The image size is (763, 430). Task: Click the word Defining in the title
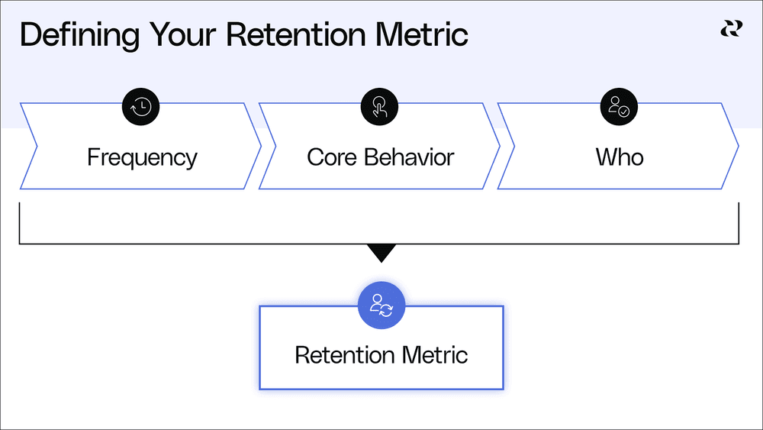(x=79, y=35)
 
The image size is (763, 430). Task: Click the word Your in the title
(x=182, y=34)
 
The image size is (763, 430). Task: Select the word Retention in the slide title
(x=296, y=34)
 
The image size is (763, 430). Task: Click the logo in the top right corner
(x=732, y=29)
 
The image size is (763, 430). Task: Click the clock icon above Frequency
(x=140, y=107)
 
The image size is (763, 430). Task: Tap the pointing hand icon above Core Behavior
(x=379, y=107)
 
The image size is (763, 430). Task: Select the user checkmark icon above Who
(x=619, y=107)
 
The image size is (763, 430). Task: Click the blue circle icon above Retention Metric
(x=381, y=306)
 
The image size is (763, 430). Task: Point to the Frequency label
(x=142, y=158)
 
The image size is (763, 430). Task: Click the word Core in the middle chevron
(x=332, y=157)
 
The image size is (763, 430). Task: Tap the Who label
(x=620, y=157)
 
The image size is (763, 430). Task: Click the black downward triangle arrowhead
(x=381, y=252)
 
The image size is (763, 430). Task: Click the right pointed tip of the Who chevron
(x=738, y=146)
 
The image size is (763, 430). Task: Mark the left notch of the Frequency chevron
(x=37, y=146)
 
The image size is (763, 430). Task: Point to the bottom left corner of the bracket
(x=20, y=244)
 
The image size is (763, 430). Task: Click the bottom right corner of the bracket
(x=739, y=244)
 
